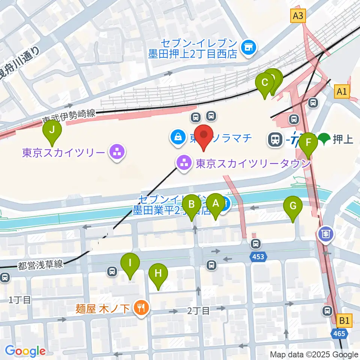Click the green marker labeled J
click(52, 130)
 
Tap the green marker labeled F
click(308, 142)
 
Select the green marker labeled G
click(293, 205)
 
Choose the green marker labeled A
click(216, 203)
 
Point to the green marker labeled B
click(192, 204)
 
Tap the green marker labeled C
click(265, 82)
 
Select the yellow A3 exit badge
click(298, 16)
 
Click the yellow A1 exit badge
click(342, 91)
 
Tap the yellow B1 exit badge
click(345, 321)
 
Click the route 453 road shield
click(258, 257)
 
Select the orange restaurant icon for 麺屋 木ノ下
click(142, 308)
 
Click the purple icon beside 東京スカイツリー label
click(117, 153)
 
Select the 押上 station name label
click(343, 140)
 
